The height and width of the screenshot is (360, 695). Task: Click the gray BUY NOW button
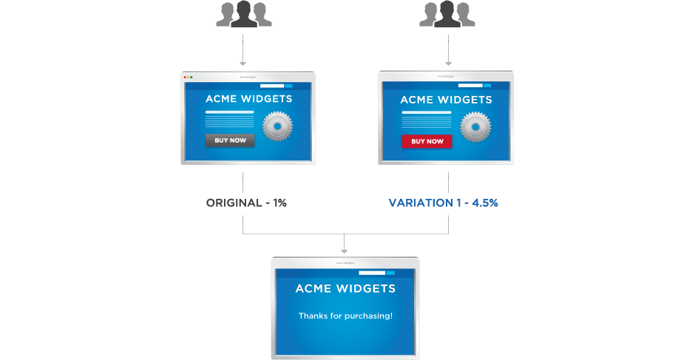[x=229, y=140]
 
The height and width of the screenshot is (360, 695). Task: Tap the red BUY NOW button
[x=427, y=140]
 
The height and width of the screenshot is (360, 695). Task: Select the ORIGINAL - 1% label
[x=246, y=202]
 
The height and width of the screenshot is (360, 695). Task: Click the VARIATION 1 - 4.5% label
[x=444, y=202]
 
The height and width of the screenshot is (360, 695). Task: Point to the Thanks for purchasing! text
[x=345, y=316]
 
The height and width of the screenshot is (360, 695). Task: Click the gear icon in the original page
[x=278, y=126]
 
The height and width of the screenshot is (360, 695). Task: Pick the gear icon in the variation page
[x=475, y=126]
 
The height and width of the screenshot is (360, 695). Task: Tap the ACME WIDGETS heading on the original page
[x=248, y=98]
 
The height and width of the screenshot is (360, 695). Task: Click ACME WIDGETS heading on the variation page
[x=446, y=99]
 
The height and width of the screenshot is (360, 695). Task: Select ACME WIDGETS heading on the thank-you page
[x=345, y=288]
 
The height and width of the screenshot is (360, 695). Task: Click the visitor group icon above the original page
[x=243, y=15]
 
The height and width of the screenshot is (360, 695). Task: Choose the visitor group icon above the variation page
[x=447, y=15]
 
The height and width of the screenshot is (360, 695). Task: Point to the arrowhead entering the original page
[x=243, y=64]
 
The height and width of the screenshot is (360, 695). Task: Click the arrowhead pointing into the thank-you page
[x=345, y=251]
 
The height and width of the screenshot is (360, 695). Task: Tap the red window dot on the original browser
[x=184, y=76]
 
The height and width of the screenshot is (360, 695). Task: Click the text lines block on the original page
[x=229, y=120]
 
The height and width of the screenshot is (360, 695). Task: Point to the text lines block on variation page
[x=427, y=120]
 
